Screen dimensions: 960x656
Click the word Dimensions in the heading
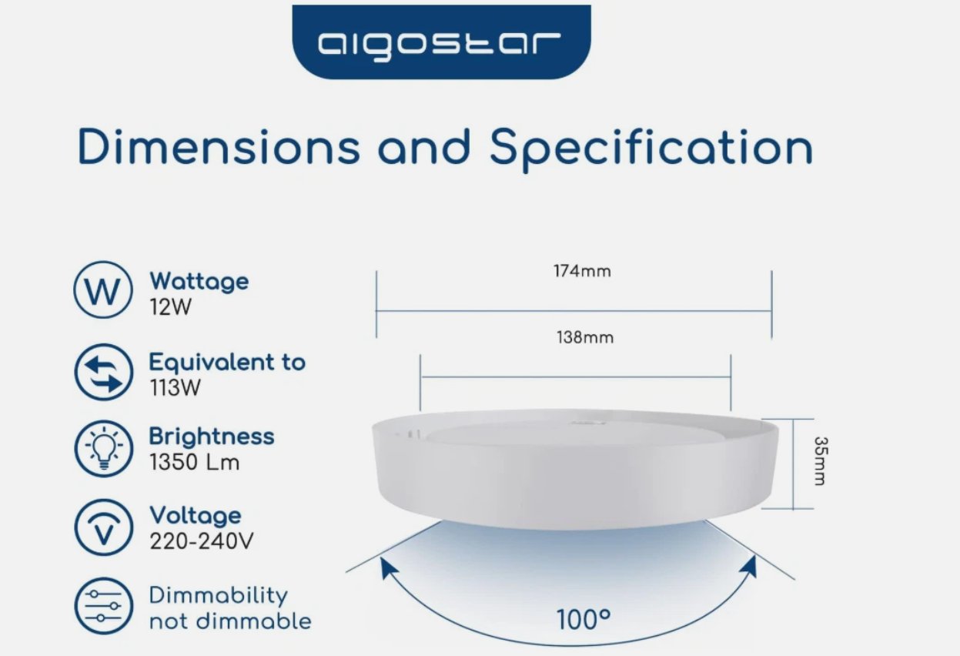pyautogui.click(x=219, y=146)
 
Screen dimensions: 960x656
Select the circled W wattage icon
pyautogui.click(x=103, y=290)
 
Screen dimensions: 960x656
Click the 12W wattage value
pyautogui.click(x=170, y=307)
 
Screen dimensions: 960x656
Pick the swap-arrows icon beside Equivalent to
pyautogui.click(x=104, y=372)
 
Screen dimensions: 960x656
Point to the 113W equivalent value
pyautogui.click(x=175, y=387)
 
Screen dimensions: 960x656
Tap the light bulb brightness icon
pyautogui.click(x=104, y=448)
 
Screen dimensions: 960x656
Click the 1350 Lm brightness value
pyautogui.click(x=195, y=462)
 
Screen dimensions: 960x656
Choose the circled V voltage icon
pyautogui.click(x=104, y=527)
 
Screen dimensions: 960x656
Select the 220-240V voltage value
pyautogui.click(x=202, y=541)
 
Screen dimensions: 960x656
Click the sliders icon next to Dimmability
pyautogui.click(x=104, y=606)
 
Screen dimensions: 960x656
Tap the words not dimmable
pyautogui.click(x=230, y=621)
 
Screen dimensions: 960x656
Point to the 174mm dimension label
pyautogui.click(x=582, y=271)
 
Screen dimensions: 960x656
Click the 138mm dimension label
pyautogui.click(x=585, y=337)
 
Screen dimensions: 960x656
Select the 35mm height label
pyautogui.click(x=821, y=461)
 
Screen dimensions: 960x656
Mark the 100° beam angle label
pyautogui.click(x=584, y=620)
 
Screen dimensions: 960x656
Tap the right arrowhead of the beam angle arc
pyautogui.click(x=749, y=566)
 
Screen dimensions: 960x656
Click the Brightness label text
pyautogui.click(x=212, y=437)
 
